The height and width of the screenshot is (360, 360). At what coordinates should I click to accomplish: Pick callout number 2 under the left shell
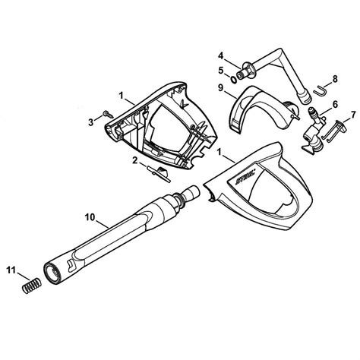(x=135, y=159)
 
